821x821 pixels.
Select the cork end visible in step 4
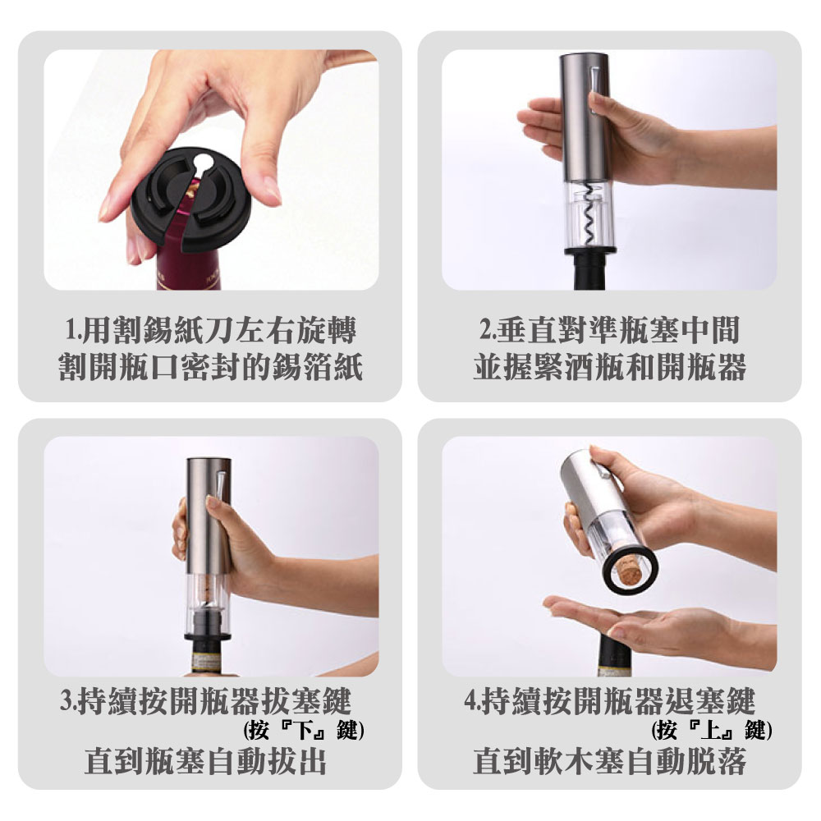pos(629,571)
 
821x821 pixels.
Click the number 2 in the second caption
pos(486,331)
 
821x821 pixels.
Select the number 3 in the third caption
pos(67,700)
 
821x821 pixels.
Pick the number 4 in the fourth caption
pos(470,700)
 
